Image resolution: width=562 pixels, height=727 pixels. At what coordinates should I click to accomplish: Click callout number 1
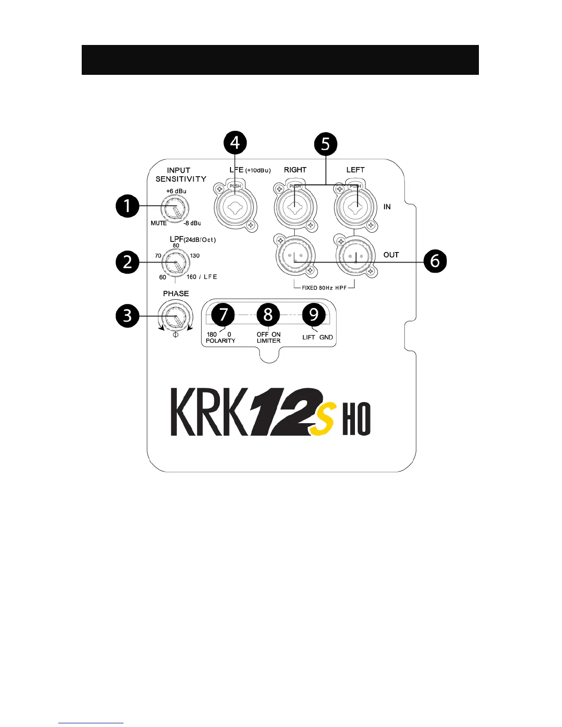pyautogui.click(x=127, y=206)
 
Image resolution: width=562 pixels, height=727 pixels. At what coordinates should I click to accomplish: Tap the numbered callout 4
pyautogui.click(x=235, y=143)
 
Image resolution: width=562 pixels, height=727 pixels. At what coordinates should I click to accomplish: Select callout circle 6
pyautogui.click(x=434, y=261)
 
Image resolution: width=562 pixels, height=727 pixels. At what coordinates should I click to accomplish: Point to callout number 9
pyautogui.click(x=314, y=314)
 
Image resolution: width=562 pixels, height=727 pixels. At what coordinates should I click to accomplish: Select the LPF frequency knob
pyautogui.click(x=176, y=263)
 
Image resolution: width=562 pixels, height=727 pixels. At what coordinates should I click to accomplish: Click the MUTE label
pyautogui.click(x=159, y=224)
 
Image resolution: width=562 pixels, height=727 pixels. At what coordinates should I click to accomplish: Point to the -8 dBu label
pyautogui.click(x=192, y=224)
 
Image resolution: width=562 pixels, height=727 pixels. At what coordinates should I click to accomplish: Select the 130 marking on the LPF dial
pyautogui.click(x=195, y=256)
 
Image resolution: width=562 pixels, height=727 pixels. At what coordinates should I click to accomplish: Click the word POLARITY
pyautogui.click(x=220, y=341)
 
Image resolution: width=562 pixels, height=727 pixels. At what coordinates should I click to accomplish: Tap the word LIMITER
pyautogui.click(x=269, y=341)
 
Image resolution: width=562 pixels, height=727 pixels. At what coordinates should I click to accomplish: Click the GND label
pyautogui.click(x=326, y=337)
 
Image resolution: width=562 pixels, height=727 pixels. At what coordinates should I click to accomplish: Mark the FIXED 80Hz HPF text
pyautogui.click(x=324, y=288)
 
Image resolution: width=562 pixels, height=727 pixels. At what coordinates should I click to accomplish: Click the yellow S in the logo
pyautogui.click(x=323, y=418)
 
